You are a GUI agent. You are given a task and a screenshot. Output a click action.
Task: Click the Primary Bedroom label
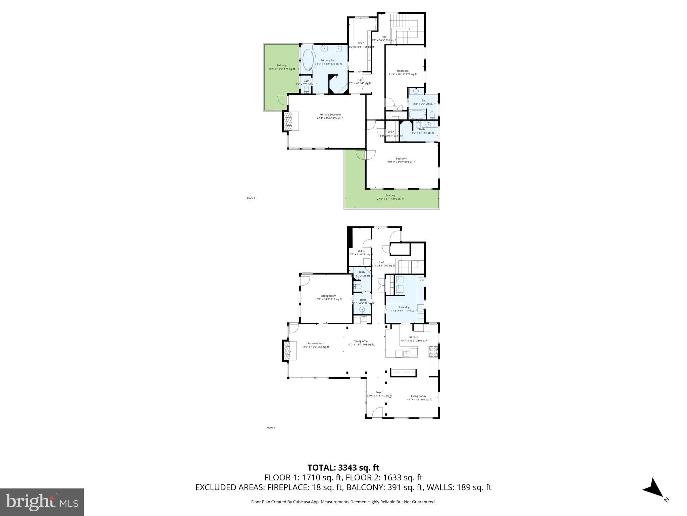click(x=330, y=116)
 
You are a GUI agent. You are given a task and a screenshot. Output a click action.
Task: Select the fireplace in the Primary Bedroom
click(x=288, y=121)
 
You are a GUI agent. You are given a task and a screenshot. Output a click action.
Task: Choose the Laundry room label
click(x=404, y=309)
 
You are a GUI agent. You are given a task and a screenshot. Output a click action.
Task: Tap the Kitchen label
click(x=414, y=339)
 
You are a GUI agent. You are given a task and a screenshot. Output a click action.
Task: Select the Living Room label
click(x=418, y=398)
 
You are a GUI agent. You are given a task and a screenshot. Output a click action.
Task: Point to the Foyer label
click(x=379, y=394)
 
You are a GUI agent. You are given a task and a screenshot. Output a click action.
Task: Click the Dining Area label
click(x=360, y=343)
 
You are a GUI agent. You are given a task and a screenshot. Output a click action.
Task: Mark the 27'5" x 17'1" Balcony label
click(x=390, y=197)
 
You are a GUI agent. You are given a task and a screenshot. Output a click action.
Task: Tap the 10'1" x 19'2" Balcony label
click(x=281, y=67)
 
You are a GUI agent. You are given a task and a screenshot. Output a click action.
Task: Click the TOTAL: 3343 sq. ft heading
click(x=343, y=468)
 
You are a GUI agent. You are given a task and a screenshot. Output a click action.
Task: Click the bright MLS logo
click(x=42, y=502)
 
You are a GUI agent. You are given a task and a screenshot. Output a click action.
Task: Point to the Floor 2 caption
click(x=251, y=198)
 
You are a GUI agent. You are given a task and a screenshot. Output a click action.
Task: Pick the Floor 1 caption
click(x=270, y=428)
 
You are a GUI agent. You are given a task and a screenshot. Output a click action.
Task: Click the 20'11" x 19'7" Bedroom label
click(x=401, y=160)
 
